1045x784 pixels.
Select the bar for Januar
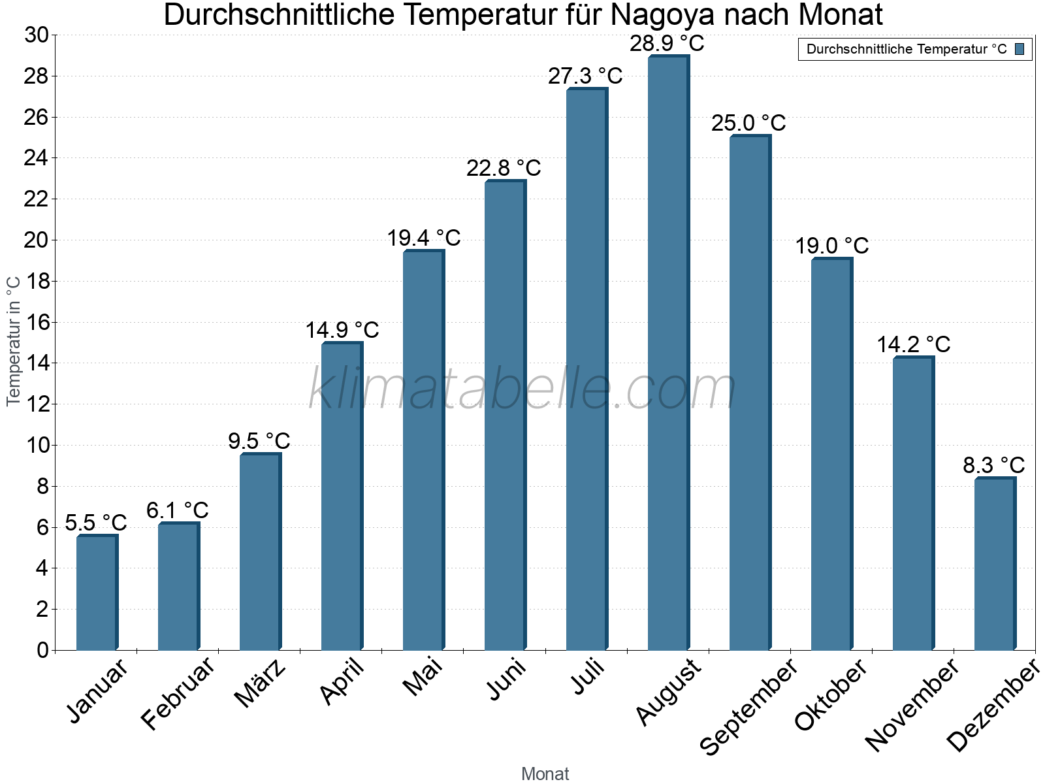(97, 593)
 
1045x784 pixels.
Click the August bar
(668, 353)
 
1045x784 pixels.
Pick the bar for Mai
(423, 450)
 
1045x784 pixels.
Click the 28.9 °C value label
(667, 44)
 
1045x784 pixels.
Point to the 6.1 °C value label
(177, 510)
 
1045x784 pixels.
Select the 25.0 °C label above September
(748, 123)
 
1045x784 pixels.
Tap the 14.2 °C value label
(913, 344)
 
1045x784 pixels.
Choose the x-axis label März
(260, 683)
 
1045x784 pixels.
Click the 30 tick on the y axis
(37, 35)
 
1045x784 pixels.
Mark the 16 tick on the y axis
(37, 322)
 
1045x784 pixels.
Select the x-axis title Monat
(545, 774)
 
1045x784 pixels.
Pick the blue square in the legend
(1020, 49)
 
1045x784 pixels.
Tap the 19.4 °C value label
(424, 238)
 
